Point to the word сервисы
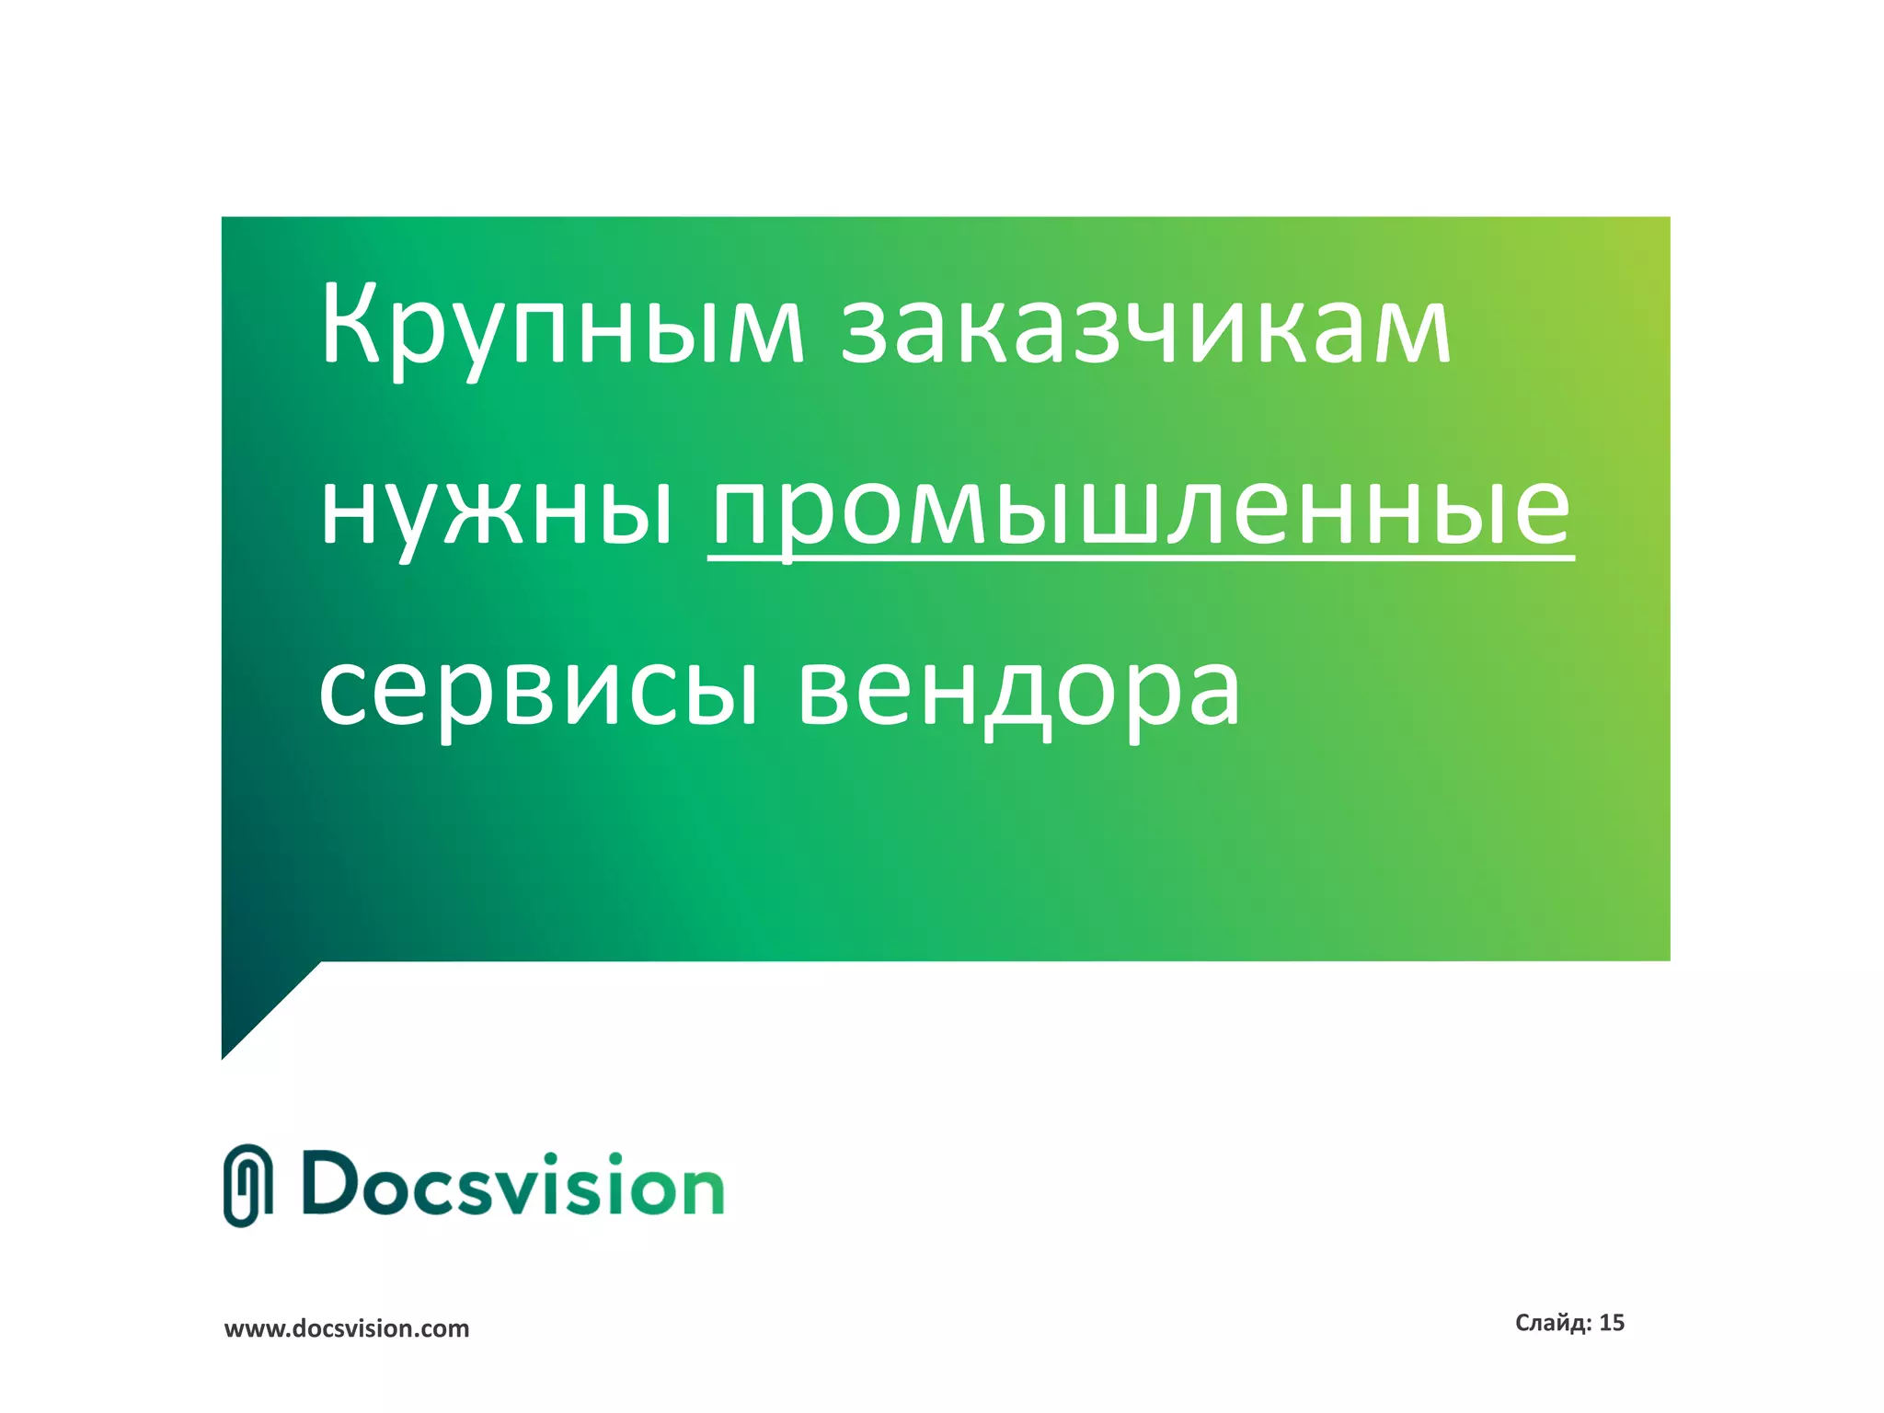click(538, 690)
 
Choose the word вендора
click(1018, 690)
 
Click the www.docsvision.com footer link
click(347, 1328)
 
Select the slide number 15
click(1612, 1323)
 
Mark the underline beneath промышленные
click(1141, 556)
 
